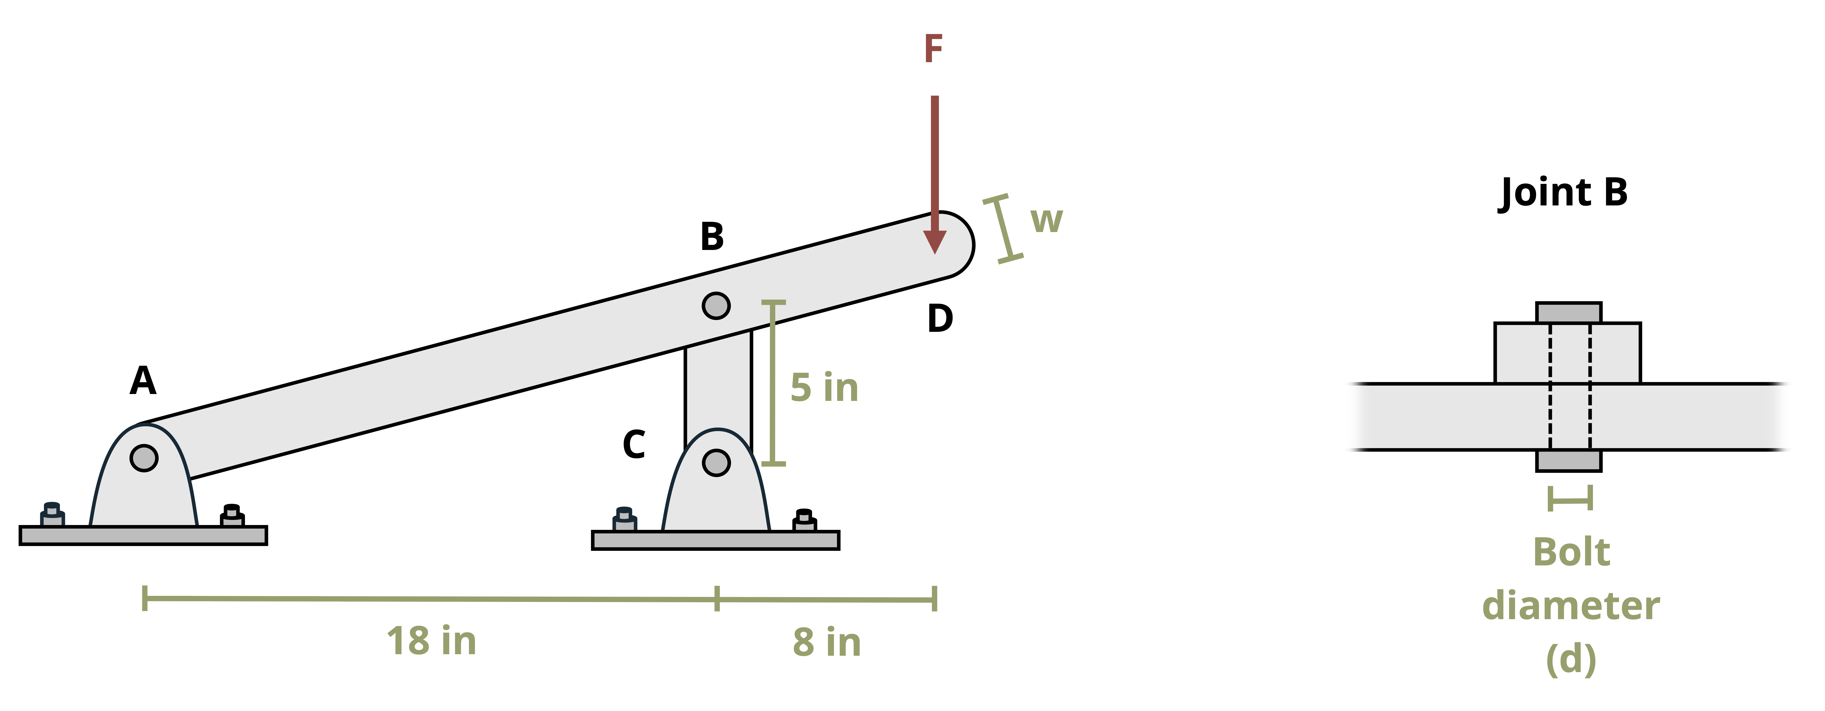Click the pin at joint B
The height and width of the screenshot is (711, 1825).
pos(716,306)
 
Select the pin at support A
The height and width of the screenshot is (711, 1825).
pos(144,458)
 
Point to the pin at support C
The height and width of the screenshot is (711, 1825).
pos(716,463)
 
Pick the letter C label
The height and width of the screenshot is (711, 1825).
pos(634,445)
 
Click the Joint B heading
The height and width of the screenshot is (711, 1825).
pos(1564,193)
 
